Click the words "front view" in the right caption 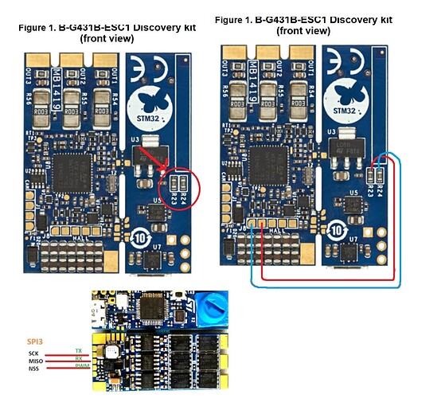click(303, 30)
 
